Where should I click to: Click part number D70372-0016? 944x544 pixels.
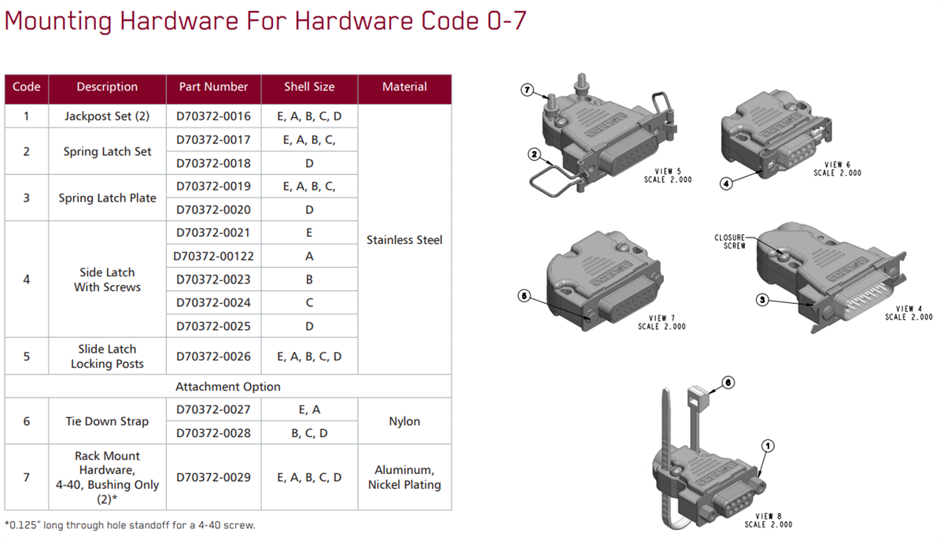213,117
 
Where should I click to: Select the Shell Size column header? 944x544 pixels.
309,87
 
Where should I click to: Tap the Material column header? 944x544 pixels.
404,87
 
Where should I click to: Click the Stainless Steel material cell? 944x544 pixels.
404,240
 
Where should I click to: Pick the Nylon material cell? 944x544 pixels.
404,421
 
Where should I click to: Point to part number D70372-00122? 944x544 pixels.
215,256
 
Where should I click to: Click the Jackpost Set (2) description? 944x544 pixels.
107,117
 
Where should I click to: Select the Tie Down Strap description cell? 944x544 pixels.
107,421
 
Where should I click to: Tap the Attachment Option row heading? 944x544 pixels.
228,387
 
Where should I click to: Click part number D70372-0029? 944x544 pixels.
213,477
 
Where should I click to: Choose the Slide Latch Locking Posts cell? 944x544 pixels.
107,357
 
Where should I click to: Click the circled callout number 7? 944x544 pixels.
528,90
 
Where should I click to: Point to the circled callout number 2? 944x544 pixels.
534,155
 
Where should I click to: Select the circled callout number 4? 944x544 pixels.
726,183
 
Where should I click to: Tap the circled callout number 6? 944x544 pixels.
728,382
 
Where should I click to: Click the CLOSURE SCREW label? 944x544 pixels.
729,242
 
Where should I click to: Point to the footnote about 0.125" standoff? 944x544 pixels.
130,525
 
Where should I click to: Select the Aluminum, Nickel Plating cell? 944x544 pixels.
404,477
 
